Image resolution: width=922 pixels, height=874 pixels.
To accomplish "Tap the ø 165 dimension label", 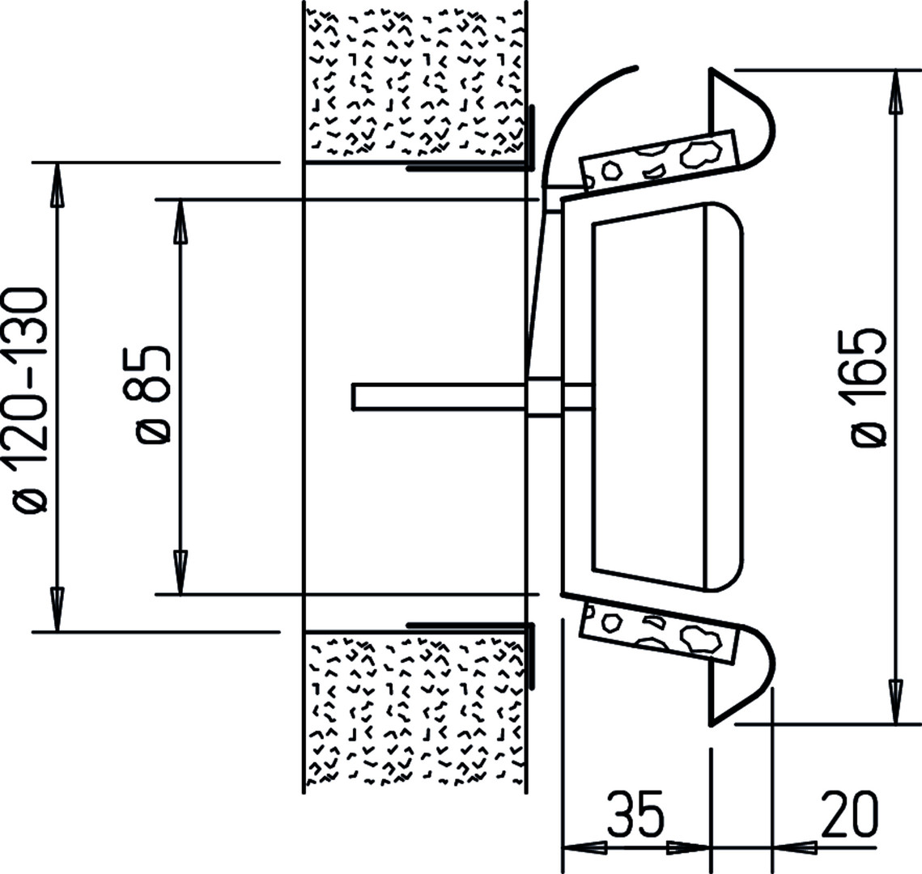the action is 869,388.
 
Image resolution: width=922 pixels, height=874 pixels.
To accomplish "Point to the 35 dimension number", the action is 635,814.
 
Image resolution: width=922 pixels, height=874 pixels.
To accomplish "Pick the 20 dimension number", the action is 850,814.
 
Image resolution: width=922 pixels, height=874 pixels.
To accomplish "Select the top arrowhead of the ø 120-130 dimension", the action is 57,184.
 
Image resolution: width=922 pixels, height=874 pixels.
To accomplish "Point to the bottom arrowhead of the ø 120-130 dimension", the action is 57,610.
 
